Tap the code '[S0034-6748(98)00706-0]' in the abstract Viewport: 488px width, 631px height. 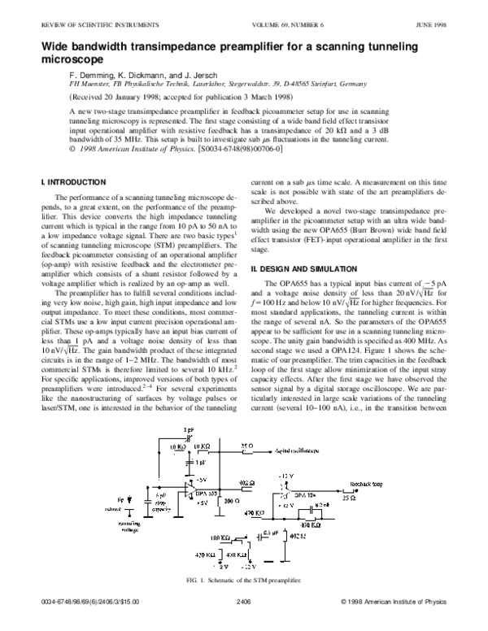pyautogui.click(x=241, y=150)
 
